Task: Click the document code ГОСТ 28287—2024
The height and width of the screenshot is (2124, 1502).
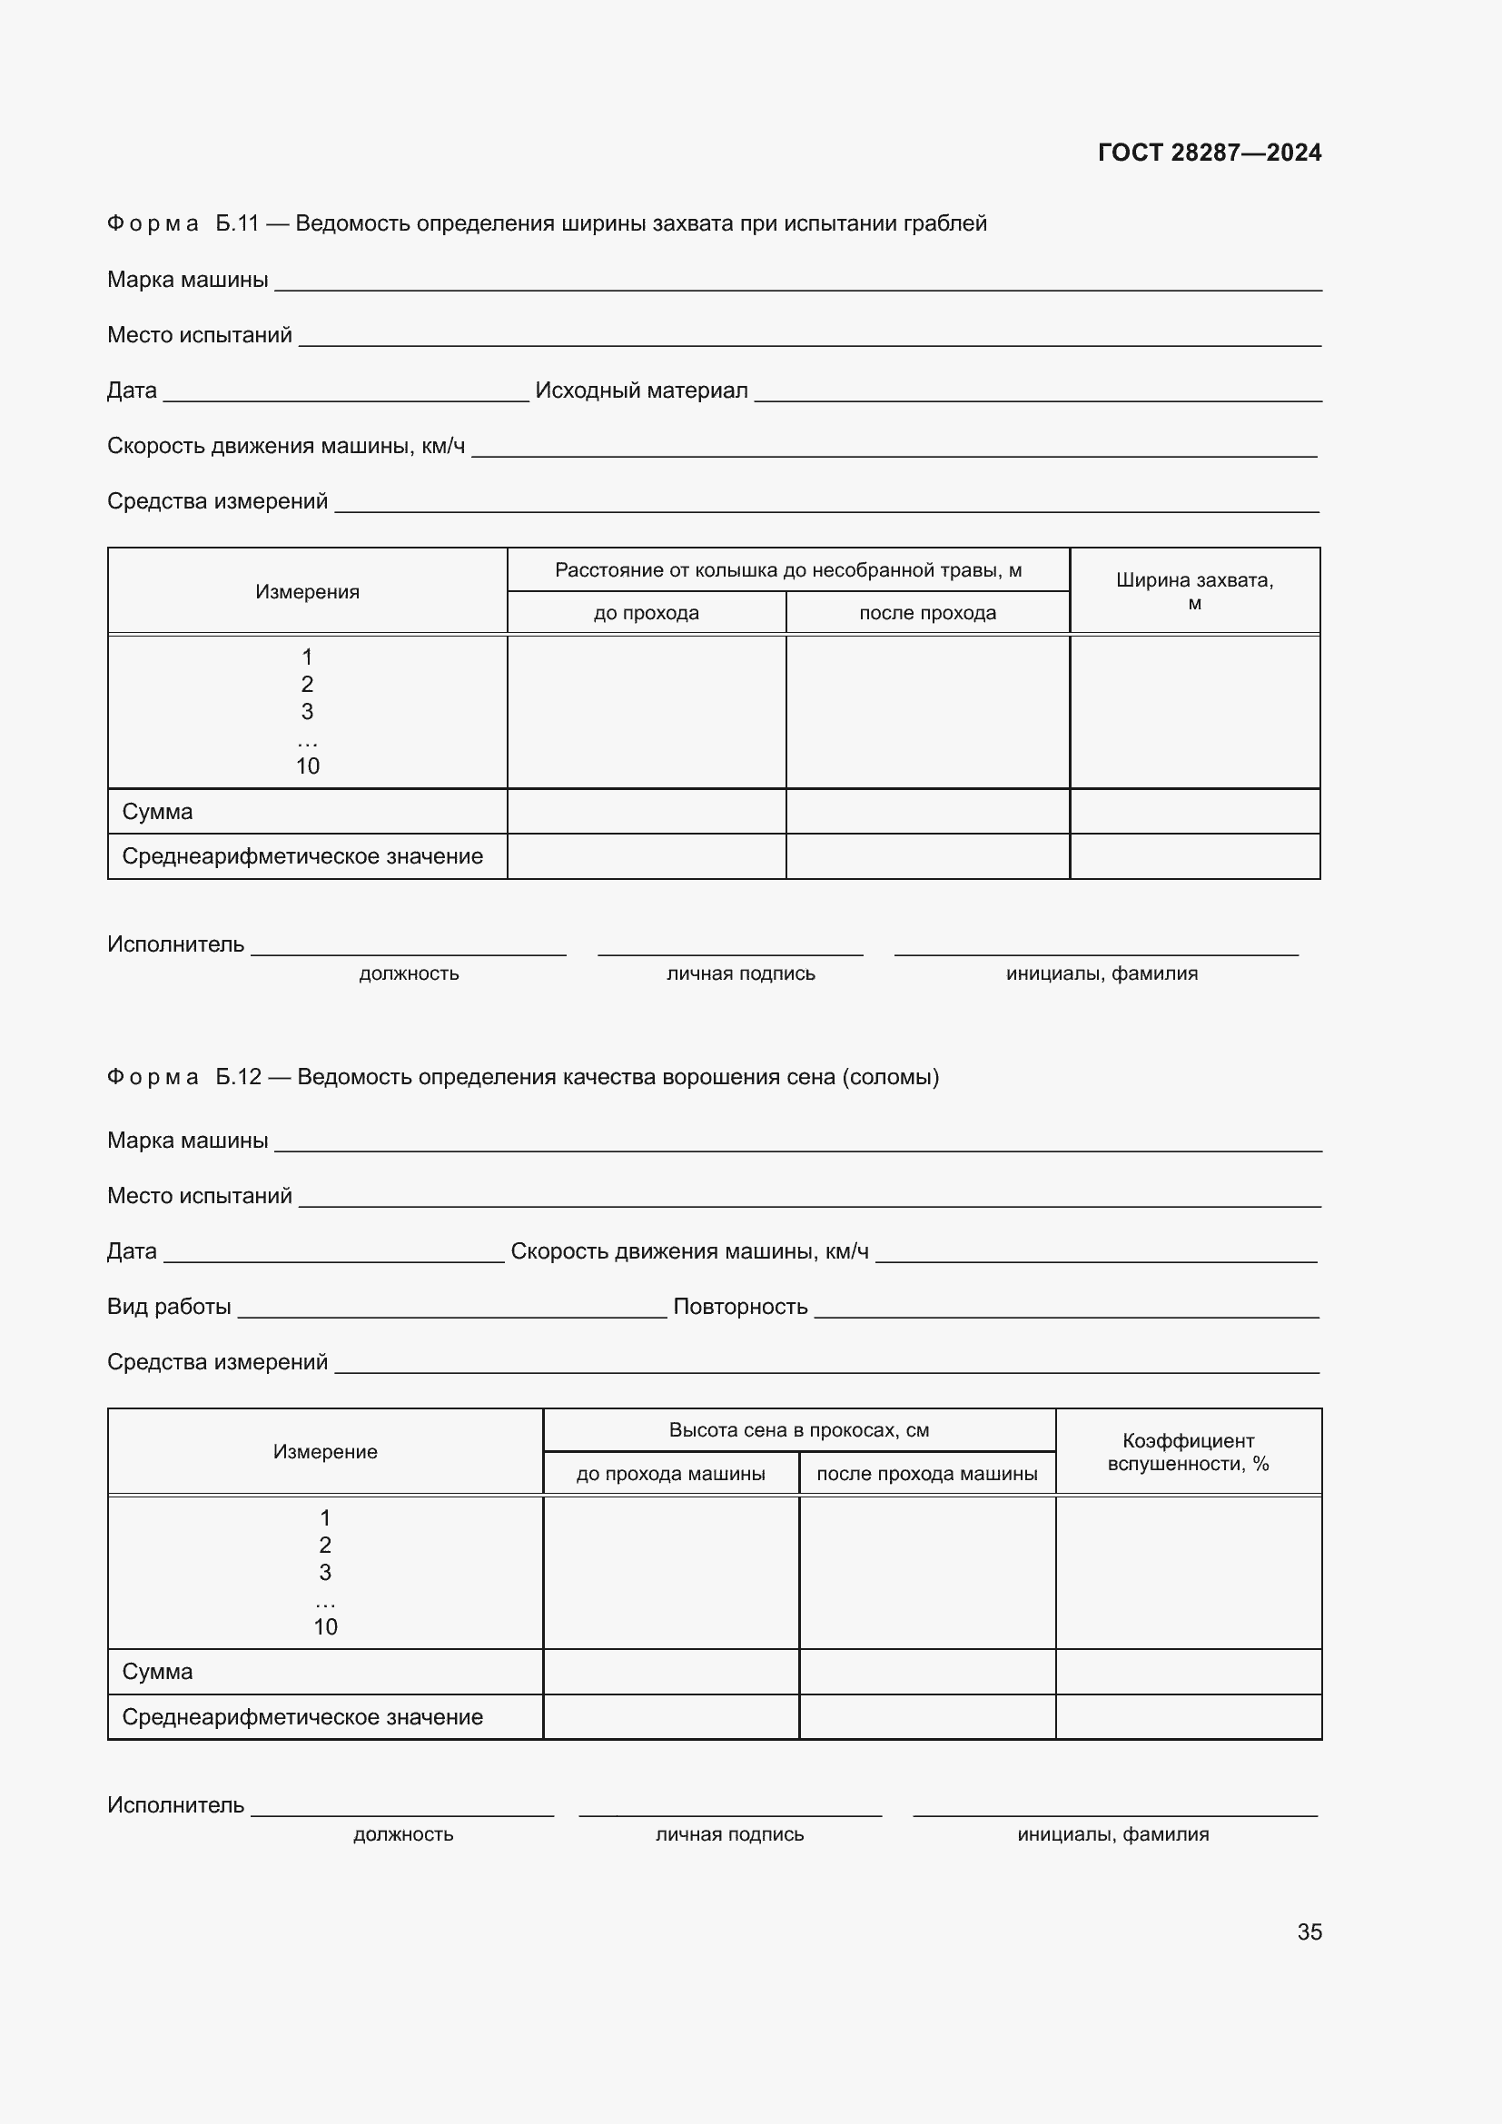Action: tap(1209, 153)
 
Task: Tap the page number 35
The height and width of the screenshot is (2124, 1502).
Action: tap(1309, 1931)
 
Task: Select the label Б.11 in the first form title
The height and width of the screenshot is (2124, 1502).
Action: tap(237, 223)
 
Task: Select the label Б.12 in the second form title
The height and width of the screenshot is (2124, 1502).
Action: tap(238, 1077)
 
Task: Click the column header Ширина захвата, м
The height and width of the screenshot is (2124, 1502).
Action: tap(1194, 591)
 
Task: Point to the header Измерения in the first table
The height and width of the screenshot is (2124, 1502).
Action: tap(307, 592)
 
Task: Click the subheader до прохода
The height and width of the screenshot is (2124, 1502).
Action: tap(646, 613)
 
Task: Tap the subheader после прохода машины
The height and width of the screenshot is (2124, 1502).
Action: tap(927, 1474)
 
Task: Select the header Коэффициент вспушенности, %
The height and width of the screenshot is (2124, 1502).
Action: tap(1188, 1451)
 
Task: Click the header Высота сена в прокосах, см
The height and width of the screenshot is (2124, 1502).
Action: tap(798, 1430)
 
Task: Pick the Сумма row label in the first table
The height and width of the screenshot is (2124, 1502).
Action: tap(157, 811)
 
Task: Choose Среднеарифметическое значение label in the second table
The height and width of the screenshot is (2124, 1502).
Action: tap(302, 1717)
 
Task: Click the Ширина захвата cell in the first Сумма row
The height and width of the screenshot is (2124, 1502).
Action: tap(1194, 811)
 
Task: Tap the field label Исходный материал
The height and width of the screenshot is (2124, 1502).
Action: tap(641, 390)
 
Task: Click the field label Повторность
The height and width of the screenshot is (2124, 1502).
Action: tap(740, 1306)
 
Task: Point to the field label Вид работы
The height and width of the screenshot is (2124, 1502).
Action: tap(169, 1306)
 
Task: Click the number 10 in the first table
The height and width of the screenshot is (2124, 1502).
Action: tap(307, 766)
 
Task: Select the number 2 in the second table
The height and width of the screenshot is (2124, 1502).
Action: tap(324, 1545)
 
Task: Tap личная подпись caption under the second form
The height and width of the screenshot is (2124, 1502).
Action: tap(729, 1833)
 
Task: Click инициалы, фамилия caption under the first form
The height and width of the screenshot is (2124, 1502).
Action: tap(1101, 973)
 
